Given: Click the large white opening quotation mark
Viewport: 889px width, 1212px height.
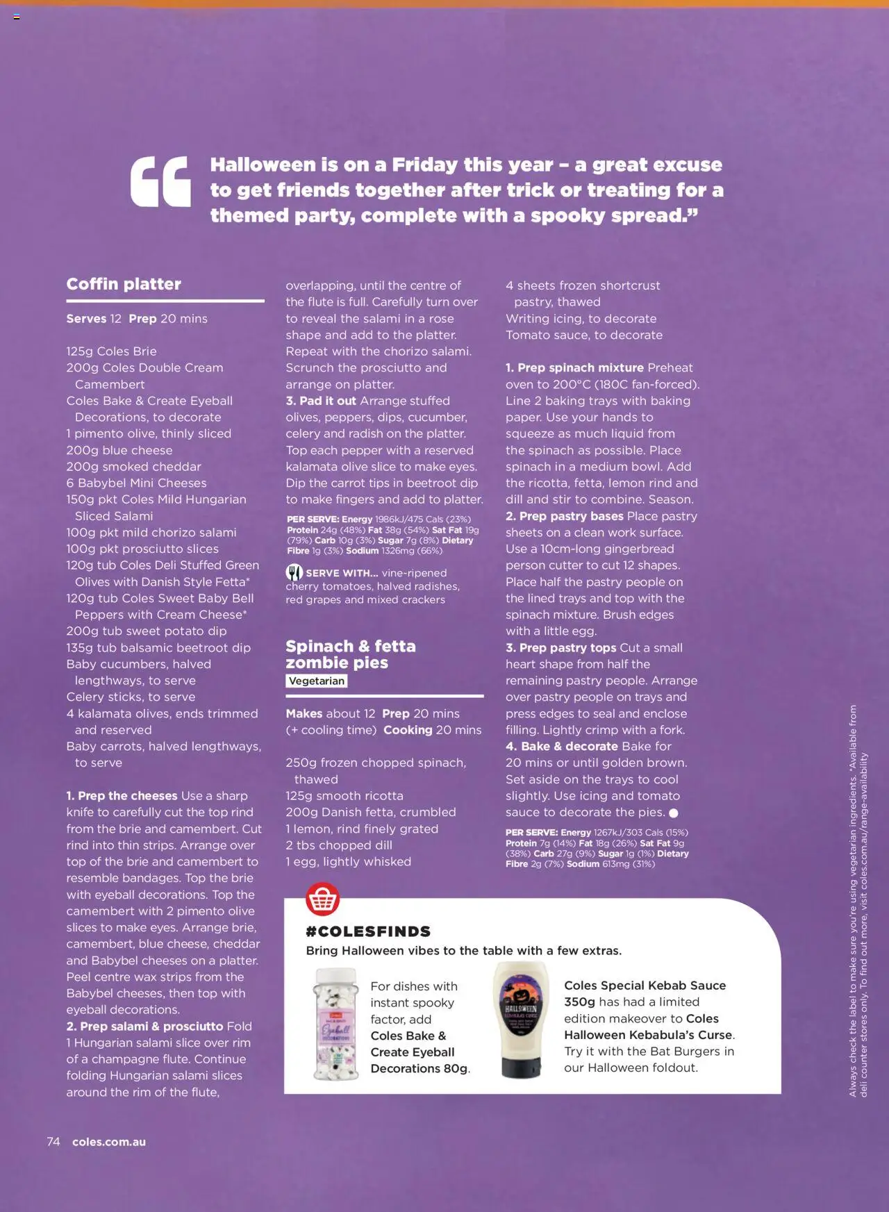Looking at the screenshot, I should (160, 182).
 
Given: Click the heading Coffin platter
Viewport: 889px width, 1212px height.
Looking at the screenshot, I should (124, 284).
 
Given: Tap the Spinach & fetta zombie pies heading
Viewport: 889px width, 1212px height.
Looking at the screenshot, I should (351, 654).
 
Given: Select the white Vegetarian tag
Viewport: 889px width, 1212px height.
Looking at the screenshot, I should (317, 681).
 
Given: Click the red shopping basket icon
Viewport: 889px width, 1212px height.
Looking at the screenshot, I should (323, 899).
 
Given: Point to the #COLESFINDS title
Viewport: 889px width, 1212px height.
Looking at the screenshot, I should (368, 932).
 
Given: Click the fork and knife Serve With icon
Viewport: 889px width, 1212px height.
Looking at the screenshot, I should (294, 573).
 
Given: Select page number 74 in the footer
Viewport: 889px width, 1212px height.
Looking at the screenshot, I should (53, 1142).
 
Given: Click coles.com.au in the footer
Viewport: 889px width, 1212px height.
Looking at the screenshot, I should (109, 1142).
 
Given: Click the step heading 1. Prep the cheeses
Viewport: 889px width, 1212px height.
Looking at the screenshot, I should (122, 796).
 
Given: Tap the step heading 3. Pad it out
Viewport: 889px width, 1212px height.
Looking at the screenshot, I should (321, 401).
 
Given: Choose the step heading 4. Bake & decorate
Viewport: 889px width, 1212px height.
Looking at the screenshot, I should (562, 747).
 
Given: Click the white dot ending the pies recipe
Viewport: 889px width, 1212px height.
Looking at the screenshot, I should (673, 813).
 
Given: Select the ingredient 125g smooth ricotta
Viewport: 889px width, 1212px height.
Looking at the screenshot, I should (344, 796).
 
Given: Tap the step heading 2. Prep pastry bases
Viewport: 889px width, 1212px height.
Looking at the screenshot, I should (565, 516).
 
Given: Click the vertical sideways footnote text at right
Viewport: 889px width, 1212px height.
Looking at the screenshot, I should (858, 901).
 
